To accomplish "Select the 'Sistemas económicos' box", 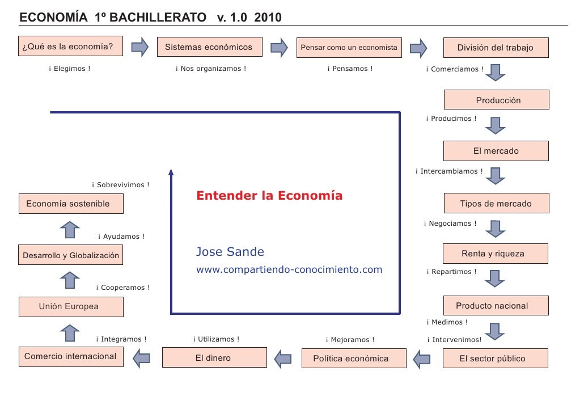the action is [x=209, y=47].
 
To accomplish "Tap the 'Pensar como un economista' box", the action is [x=349, y=48].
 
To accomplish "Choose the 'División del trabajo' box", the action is [x=496, y=48].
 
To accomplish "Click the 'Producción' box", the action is [x=497, y=100].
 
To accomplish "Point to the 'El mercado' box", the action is [x=496, y=151].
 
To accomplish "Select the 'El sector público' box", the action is [x=496, y=359].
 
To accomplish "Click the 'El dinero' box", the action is [x=214, y=358].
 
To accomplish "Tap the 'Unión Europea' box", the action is [x=71, y=306].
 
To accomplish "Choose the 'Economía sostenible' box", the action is [x=71, y=204].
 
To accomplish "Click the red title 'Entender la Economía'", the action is [x=269, y=196].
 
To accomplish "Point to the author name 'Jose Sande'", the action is [x=230, y=252].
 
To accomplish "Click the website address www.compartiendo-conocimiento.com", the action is [x=289, y=269].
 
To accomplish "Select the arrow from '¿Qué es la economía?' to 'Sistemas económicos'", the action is [x=139, y=47].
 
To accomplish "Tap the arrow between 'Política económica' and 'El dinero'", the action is [x=282, y=358].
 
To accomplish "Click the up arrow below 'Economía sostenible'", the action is [x=70, y=230].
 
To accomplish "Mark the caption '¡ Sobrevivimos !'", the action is [x=121, y=185].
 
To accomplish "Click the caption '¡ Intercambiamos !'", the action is [x=449, y=171].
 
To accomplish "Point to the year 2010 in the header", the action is [x=268, y=18].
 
